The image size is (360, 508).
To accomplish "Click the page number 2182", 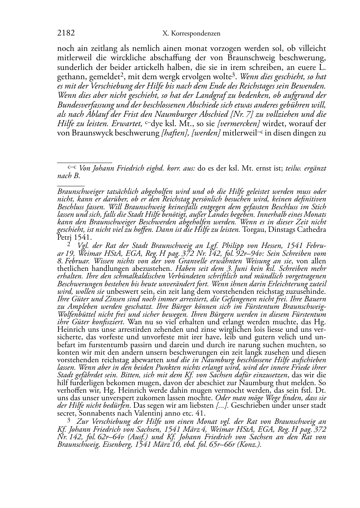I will tap(66, 33).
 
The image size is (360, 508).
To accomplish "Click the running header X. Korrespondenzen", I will tap(191, 34).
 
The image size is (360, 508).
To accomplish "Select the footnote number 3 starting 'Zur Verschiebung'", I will tap(69, 421).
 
